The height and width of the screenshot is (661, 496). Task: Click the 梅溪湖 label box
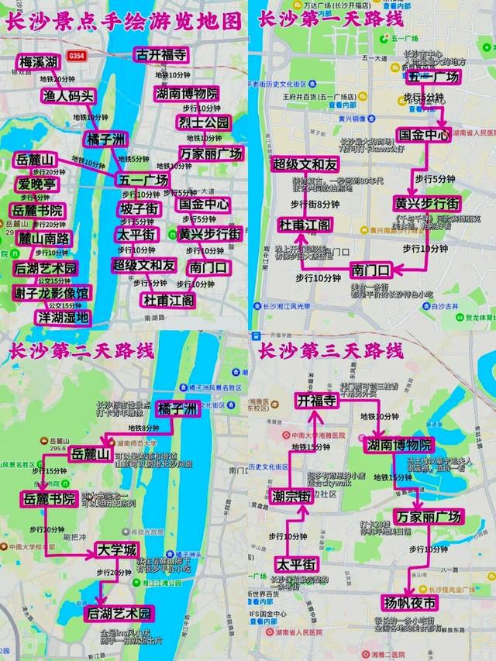(x=39, y=62)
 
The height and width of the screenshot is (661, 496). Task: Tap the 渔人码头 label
(x=68, y=96)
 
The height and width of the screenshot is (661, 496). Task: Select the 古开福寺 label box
(x=161, y=54)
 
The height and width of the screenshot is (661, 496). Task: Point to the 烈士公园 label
(x=204, y=122)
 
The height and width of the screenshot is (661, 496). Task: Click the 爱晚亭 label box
(x=37, y=184)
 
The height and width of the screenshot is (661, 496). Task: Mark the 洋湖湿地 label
(x=63, y=317)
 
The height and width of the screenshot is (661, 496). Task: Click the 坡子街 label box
(x=139, y=209)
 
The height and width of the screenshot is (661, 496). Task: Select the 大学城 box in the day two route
(x=116, y=549)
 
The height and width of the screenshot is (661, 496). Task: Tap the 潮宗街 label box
(x=291, y=496)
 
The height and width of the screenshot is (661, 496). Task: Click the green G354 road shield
(x=77, y=55)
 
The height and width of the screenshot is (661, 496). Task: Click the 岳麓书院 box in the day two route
(x=49, y=498)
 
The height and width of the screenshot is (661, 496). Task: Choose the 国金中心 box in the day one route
(x=423, y=135)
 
